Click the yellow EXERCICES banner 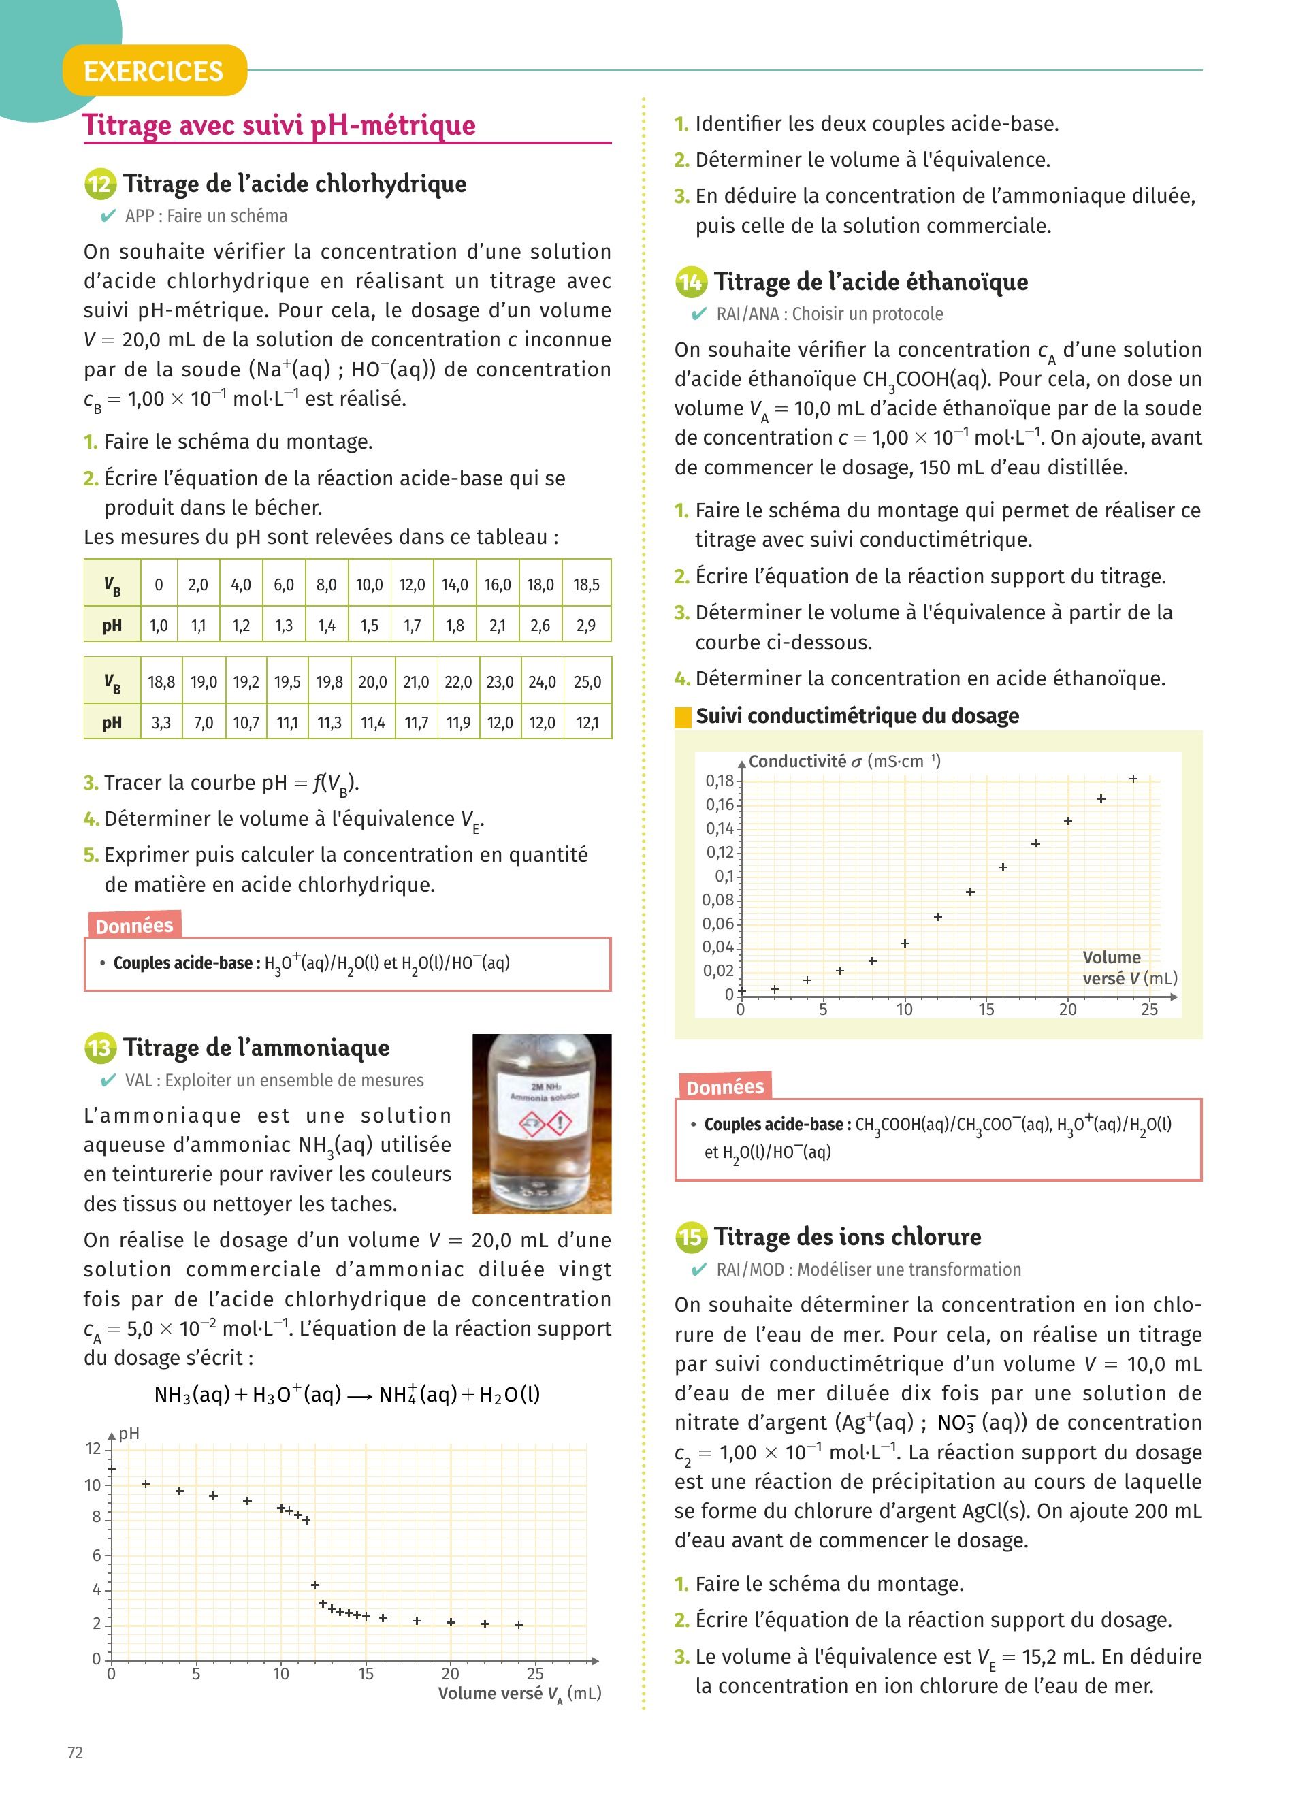(154, 71)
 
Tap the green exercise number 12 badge (99, 185)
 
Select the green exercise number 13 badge (99, 1048)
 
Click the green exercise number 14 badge (690, 282)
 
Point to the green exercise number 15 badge (690, 1238)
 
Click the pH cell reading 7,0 (204, 723)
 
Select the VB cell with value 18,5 (585, 584)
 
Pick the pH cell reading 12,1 (587, 723)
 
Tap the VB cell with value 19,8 (329, 682)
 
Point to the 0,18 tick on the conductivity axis (719, 780)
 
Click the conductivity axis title (844, 761)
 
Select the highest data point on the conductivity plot (1133, 779)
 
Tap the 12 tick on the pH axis (94, 1448)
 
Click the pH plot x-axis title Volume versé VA (519, 1693)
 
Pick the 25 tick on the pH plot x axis (535, 1673)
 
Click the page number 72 (75, 1752)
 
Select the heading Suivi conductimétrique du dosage (857, 716)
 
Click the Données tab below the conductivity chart (724, 1086)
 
